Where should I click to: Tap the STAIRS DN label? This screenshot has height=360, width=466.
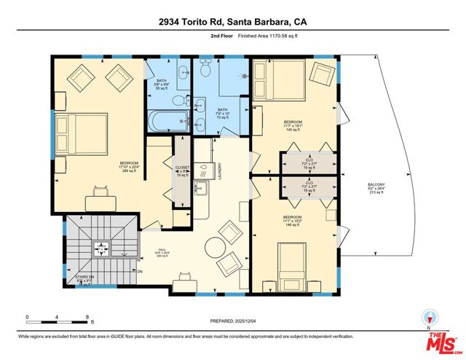[85, 278]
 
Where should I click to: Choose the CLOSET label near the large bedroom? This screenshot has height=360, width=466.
[183, 168]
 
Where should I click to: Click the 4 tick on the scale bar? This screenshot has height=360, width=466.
[58, 318]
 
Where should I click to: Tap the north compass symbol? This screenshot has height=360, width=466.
[430, 317]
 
